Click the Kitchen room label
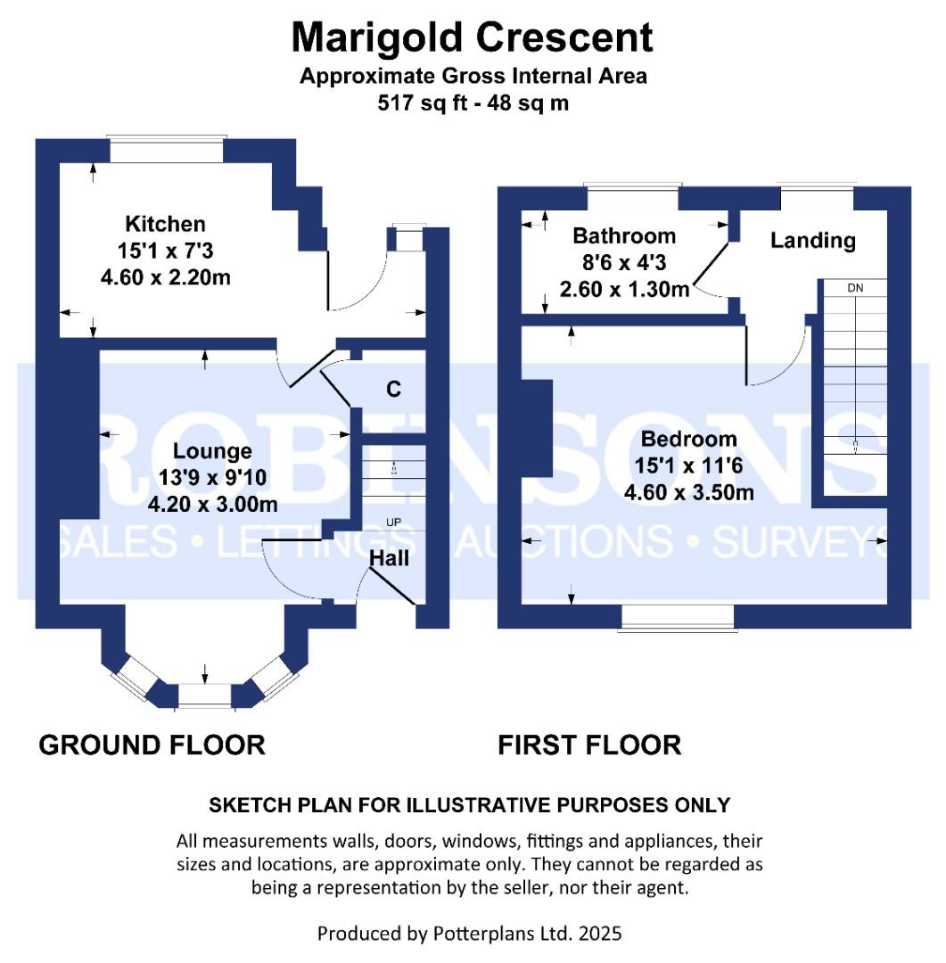click(165, 224)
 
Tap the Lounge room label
click(212, 451)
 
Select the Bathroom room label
click(623, 236)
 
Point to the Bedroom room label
click(688, 439)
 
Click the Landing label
click(812, 240)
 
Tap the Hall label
click(390, 558)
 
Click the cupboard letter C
click(392, 390)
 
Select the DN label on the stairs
click(854, 289)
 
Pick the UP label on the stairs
click(392, 523)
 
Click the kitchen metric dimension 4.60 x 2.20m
click(165, 277)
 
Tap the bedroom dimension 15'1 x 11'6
click(688, 465)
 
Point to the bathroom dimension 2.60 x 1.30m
click(623, 289)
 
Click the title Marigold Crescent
click(473, 37)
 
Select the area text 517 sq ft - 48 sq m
click(473, 103)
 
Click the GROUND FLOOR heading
click(152, 745)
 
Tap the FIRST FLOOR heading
click(589, 745)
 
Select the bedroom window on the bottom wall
click(679, 617)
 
